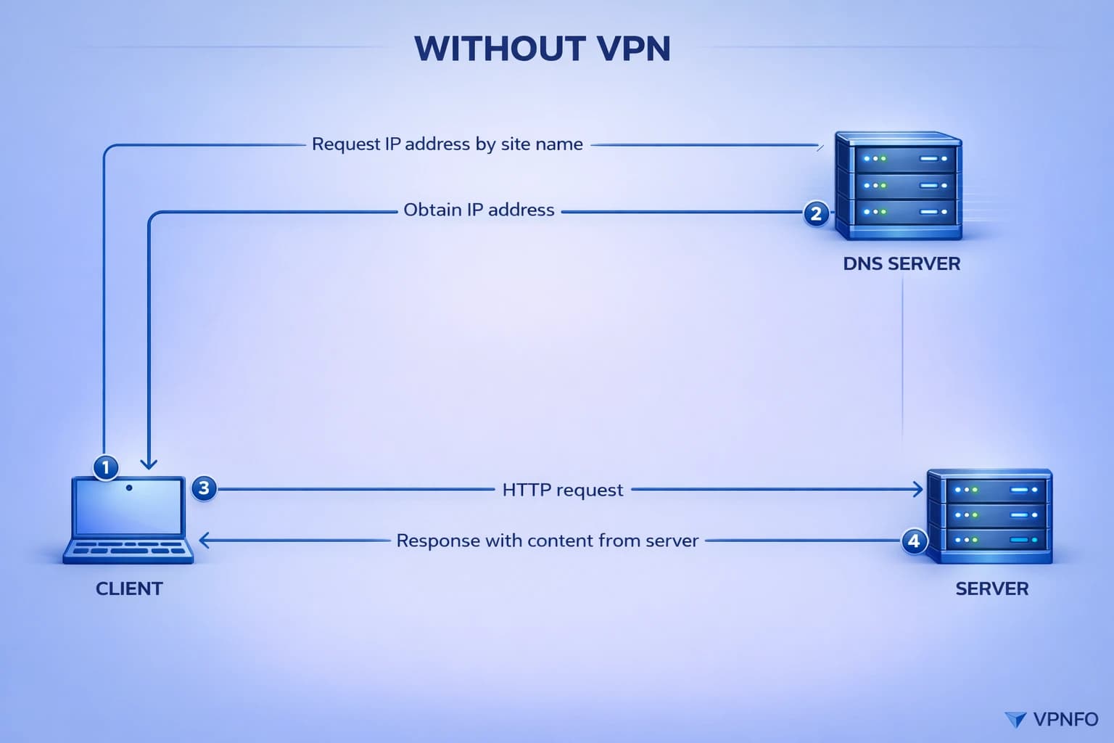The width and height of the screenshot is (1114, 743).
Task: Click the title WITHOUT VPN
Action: pyautogui.click(x=542, y=49)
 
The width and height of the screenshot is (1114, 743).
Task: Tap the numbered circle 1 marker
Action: pyautogui.click(x=106, y=467)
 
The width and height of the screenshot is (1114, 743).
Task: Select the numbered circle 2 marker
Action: pyautogui.click(x=816, y=213)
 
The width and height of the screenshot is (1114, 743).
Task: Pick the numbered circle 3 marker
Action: pyautogui.click(x=204, y=488)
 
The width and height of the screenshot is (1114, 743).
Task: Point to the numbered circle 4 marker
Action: pyautogui.click(x=914, y=541)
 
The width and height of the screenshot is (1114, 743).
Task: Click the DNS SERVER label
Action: pyautogui.click(x=901, y=263)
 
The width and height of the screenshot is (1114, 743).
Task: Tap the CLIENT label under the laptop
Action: pyautogui.click(x=129, y=588)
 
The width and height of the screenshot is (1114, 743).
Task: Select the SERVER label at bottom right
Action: pyautogui.click(x=991, y=588)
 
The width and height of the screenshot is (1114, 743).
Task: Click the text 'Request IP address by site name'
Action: pyautogui.click(x=447, y=144)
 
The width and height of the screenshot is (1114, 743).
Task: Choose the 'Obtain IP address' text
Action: pyautogui.click(x=479, y=210)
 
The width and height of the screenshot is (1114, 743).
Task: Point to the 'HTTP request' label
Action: pyautogui.click(x=562, y=490)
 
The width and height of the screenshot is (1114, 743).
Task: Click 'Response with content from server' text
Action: pyautogui.click(x=547, y=541)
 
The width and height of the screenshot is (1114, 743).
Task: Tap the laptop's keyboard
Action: pyautogui.click(x=128, y=549)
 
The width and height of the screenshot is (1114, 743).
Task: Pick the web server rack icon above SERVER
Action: pyautogui.click(x=989, y=516)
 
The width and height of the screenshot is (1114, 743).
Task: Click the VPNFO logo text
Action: pyautogui.click(x=1065, y=719)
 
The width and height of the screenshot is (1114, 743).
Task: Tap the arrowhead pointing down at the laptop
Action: pyautogui.click(x=149, y=464)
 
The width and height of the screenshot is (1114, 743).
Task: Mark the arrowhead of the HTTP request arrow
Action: pyautogui.click(x=918, y=490)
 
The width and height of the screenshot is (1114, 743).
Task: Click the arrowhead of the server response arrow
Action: pyautogui.click(x=204, y=541)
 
